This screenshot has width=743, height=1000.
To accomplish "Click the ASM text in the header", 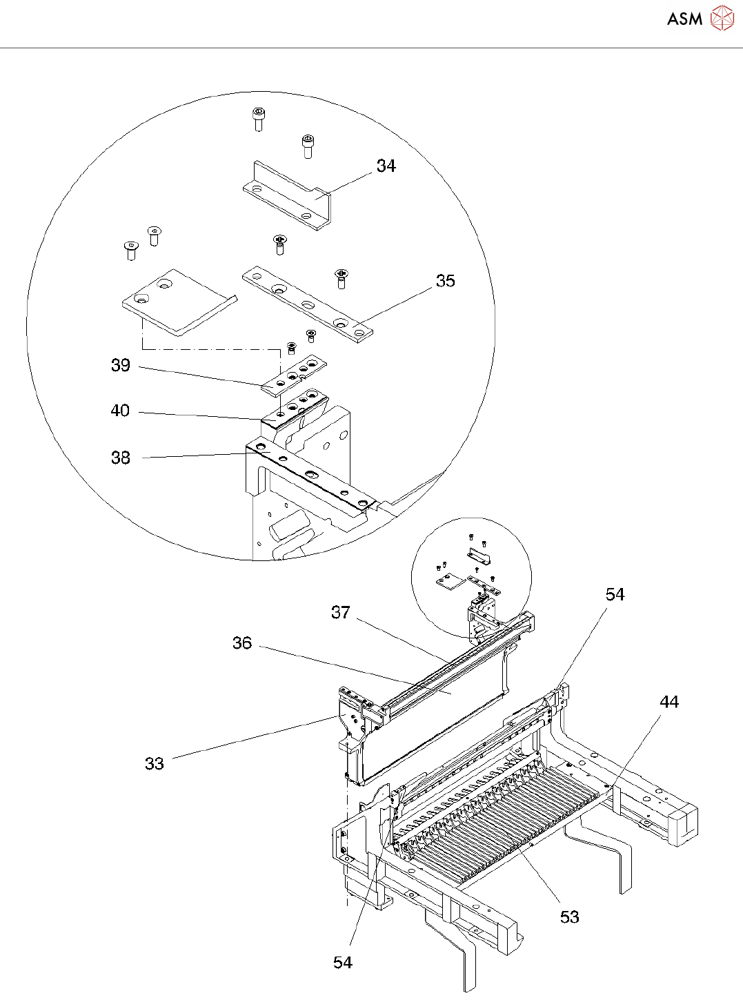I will coord(684,19).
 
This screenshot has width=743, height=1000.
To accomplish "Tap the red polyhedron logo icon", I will coord(722,19).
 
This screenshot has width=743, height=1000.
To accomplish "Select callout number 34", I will coord(386,166).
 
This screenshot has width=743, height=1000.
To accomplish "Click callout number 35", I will coord(446,281).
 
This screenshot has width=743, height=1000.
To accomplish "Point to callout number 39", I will coord(121,365).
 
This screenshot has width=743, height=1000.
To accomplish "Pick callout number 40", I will coord(120,411).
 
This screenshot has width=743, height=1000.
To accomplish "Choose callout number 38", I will coord(121,458).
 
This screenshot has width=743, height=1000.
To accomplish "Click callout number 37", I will coord(341,612).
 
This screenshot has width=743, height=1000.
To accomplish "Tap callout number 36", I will coord(242,643).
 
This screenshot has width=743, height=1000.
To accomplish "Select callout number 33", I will coord(155,763).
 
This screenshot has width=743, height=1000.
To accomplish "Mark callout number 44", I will coord(669,702).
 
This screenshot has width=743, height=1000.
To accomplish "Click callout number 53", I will coord(570,916).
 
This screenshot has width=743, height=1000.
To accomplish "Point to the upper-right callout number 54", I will coord(615,594).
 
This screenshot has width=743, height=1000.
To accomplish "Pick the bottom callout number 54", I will coord(343,962).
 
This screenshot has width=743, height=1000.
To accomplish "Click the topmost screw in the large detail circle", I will coord(258,119).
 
